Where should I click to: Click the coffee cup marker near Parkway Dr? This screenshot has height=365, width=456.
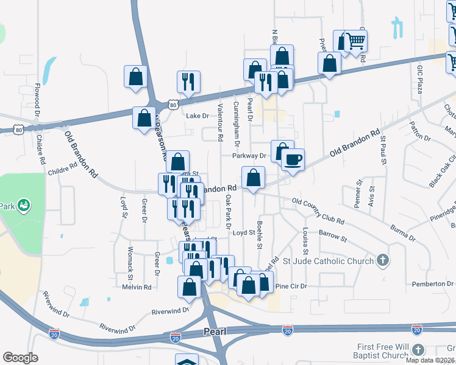(293, 160)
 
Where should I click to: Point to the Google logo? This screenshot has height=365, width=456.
(20, 358)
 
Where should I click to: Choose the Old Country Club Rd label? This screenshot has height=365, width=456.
(318, 210)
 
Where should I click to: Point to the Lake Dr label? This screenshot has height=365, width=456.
(197, 116)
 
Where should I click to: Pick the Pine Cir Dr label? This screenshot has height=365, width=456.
(290, 286)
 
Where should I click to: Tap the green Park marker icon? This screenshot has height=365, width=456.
(24, 205)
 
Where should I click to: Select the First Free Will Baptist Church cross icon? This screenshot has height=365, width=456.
(418, 350)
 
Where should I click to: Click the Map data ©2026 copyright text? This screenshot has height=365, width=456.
(430, 360)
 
